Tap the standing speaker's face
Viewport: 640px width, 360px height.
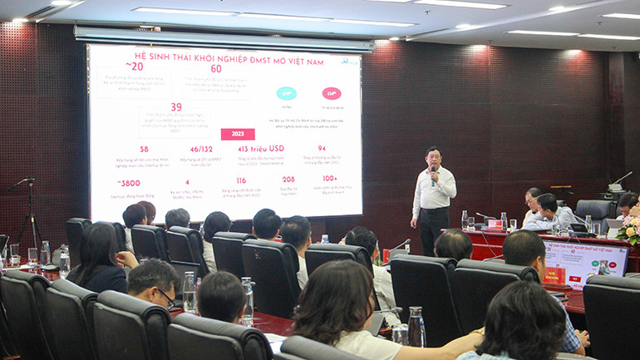pyautogui.click(x=434, y=159)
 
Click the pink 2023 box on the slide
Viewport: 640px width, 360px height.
pyautogui.click(x=238, y=134)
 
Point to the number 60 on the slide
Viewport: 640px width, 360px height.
pyautogui.click(x=216, y=69)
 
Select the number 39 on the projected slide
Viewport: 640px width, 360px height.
pyautogui.click(x=175, y=107)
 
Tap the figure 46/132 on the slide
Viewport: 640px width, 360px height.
pyautogui.click(x=201, y=150)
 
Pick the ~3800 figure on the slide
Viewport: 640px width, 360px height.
pyautogui.click(x=129, y=183)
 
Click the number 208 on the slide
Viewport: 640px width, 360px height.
pyautogui.click(x=288, y=180)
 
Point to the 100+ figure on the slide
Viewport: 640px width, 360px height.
pyautogui.click(x=331, y=178)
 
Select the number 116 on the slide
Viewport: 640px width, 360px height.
pyautogui.click(x=240, y=180)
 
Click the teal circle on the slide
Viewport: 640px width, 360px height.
pyautogui.click(x=286, y=93)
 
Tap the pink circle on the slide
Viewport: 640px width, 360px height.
pyautogui.click(x=331, y=93)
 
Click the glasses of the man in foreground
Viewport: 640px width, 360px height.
pyautogui.click(x=166, y=298)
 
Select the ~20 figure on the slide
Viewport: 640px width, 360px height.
pyautogui.click(x=135, y=67)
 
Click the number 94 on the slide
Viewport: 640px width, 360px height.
pyautogui.click(x=322, y=149)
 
